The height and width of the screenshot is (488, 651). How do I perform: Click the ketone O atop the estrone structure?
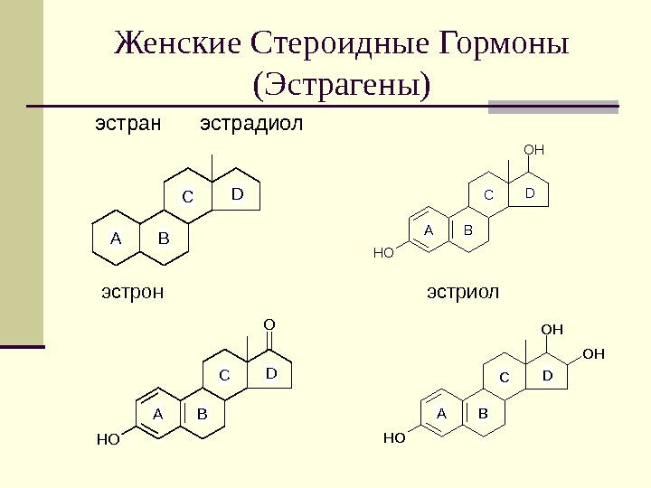pos(269,323)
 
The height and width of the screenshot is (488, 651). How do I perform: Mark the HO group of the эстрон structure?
pos(108,440)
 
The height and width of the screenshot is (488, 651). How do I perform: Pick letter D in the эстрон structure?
pos(270,372)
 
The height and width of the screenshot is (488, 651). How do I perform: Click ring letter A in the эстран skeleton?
pos(115,239)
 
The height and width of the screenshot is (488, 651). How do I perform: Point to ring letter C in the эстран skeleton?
pos(188,196)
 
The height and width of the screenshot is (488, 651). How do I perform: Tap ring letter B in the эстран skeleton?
pos(164,239)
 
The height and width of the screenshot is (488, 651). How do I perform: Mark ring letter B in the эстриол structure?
pos(483,413)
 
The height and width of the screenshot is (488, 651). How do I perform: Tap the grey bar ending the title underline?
pos(553,107)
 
